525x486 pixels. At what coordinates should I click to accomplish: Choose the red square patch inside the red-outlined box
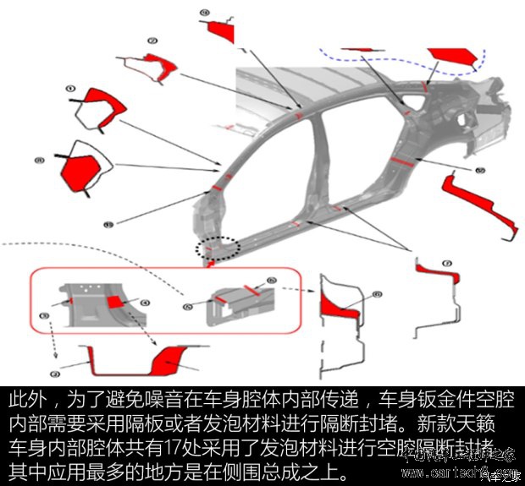point(117,302)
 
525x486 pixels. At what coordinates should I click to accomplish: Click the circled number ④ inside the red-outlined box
point(145,302)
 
